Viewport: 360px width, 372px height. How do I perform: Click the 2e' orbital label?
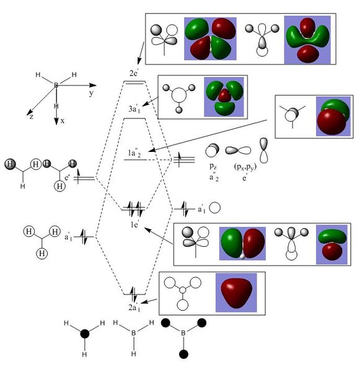133,73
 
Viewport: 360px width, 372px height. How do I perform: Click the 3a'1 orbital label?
134,109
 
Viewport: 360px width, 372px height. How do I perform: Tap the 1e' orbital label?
134,224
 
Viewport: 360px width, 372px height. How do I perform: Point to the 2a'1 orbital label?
134,308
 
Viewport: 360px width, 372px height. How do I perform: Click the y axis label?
91,93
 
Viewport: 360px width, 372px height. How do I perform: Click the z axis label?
32,117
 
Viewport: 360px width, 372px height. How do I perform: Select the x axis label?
63,121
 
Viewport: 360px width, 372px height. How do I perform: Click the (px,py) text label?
245,167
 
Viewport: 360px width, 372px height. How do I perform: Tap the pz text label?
213,166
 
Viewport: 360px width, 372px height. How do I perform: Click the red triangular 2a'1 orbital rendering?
236,293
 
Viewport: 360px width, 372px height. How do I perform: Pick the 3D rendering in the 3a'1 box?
224,97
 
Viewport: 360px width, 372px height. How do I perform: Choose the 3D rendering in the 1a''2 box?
333,117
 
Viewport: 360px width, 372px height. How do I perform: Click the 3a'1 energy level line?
134,118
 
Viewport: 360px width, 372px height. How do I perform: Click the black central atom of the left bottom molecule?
85,334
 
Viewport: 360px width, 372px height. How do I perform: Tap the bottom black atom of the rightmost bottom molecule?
184,354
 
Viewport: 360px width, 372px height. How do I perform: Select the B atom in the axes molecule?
56,85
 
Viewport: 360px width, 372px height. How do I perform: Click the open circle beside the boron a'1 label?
215,208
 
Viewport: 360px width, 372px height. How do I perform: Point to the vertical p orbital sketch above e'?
263,150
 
